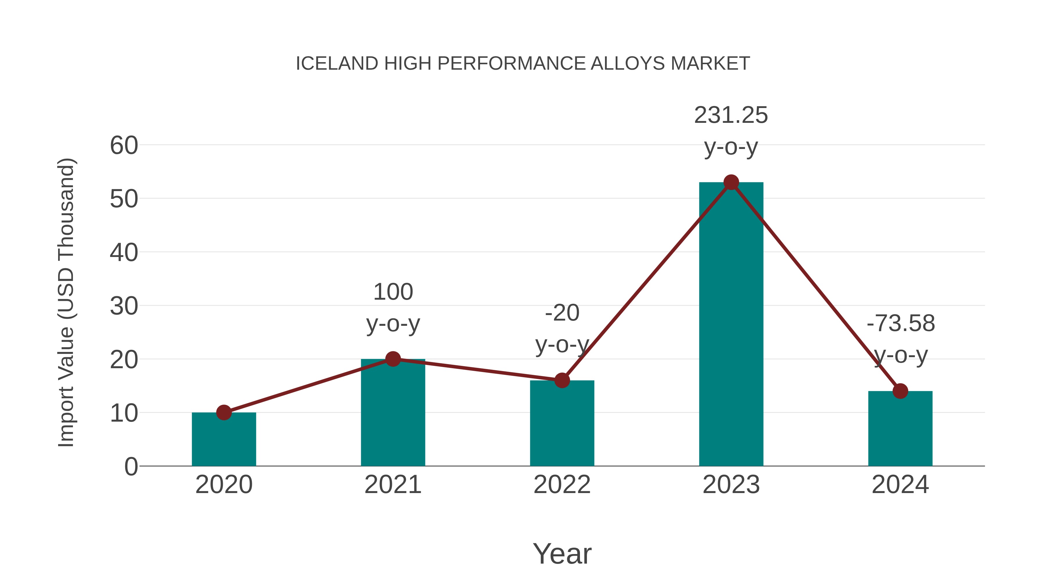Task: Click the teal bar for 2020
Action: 224,440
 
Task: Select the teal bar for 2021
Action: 393,414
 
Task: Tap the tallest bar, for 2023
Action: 731,325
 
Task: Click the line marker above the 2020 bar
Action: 224,412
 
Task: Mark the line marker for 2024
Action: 900,391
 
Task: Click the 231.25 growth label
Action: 731,115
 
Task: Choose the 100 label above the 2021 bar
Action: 393,292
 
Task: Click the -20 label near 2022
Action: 562,313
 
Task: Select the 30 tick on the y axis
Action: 124,306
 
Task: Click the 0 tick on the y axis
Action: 131,467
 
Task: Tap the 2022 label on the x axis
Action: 562,485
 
